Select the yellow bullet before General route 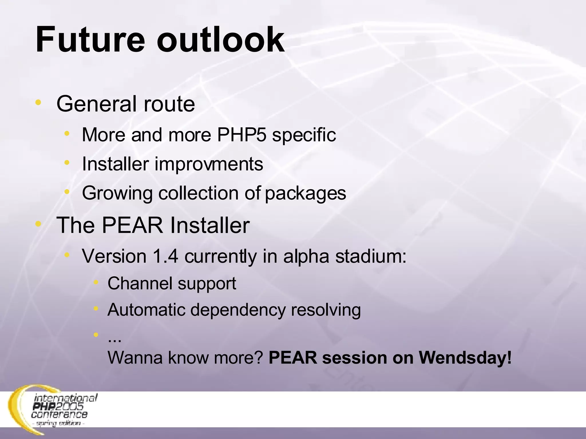(38, 102)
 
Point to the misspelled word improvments (209, 164)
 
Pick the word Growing (117, 193)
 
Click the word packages (305, 193)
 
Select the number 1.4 (165, 256)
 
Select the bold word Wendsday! (465, 357)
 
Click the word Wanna (135, 358)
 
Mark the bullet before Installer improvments (67, 163)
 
